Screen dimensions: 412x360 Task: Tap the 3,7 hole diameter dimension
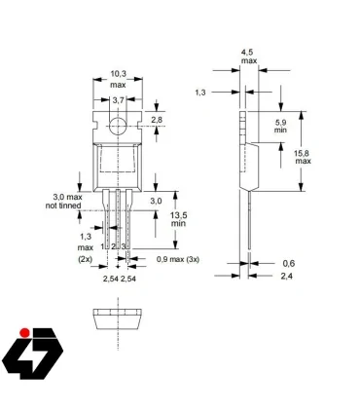point(118,100)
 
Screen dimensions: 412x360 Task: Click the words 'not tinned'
point(65,206)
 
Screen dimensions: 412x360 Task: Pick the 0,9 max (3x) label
point(163,259)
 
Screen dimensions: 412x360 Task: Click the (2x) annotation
point(87,260)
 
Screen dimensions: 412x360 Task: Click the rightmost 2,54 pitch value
point(128,280)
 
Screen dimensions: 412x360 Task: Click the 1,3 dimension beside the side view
point(199,92)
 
